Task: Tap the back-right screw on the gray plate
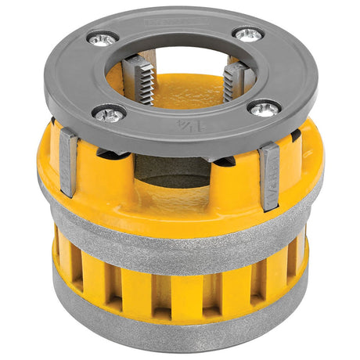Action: point(248,34)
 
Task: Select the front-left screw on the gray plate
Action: point(110,113)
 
